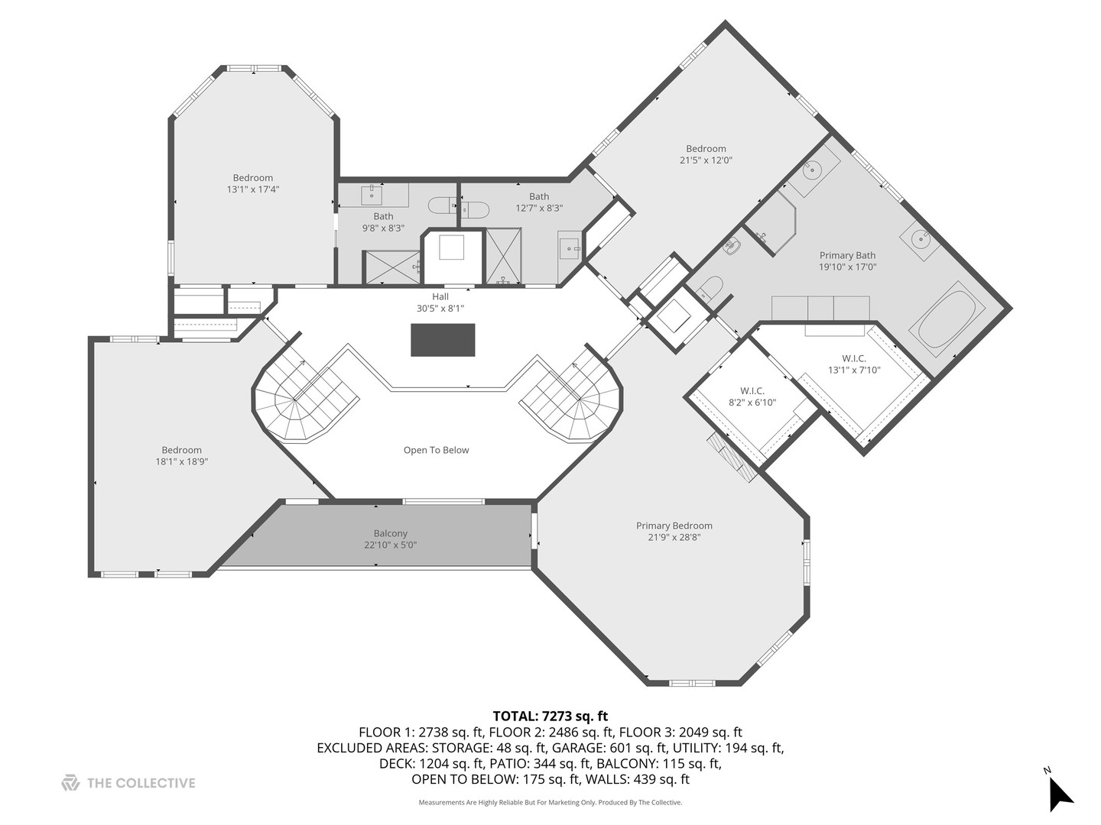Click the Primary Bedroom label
tap(674, 526)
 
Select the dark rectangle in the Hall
tap(443, 340)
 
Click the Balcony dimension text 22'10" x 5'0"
tap(390, 545)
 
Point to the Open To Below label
tap(436, 450)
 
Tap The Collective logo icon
tap(70, 782)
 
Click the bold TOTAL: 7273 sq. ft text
tap(550, 716)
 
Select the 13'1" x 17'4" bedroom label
tap(253, 183)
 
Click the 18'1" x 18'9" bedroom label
tap(181, 456)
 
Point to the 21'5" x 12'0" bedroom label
tap(706, 154)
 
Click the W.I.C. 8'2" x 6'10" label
tap(752, 396)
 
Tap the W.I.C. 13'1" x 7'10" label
tap(854, 364)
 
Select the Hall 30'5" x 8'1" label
tap(440, 302)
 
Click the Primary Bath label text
tap(847, 255)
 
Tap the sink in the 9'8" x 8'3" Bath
tap(372, 195)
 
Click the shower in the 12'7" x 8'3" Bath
tap(504, 257)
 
